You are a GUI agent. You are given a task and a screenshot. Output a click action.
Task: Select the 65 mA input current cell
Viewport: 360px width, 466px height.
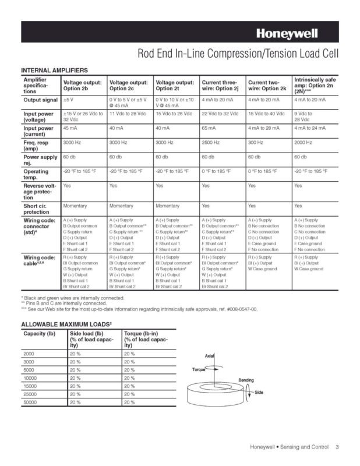tap(209, 128)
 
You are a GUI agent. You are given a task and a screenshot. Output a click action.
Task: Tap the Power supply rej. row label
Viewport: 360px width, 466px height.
tap(40, 160)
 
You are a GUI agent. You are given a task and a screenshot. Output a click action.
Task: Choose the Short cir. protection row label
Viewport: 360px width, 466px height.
tap(39, 209)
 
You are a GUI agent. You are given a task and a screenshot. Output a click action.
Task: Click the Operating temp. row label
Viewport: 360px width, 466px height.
tap(36, 174)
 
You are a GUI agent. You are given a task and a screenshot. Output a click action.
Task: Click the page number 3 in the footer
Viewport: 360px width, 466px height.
tap(337, 447)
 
